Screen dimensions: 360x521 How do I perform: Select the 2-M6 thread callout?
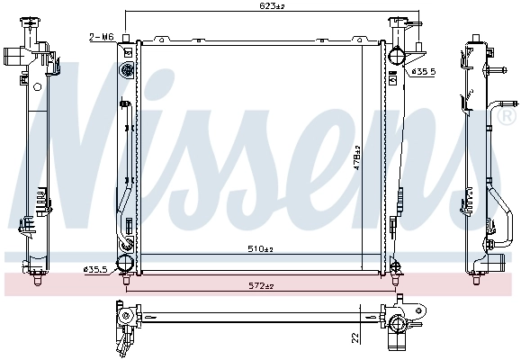[101, 37]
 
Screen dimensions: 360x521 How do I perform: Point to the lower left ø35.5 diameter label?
[95, 268]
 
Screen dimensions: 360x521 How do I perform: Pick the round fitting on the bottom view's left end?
[127, 316]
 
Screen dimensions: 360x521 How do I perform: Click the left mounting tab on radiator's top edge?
[164, 39]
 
